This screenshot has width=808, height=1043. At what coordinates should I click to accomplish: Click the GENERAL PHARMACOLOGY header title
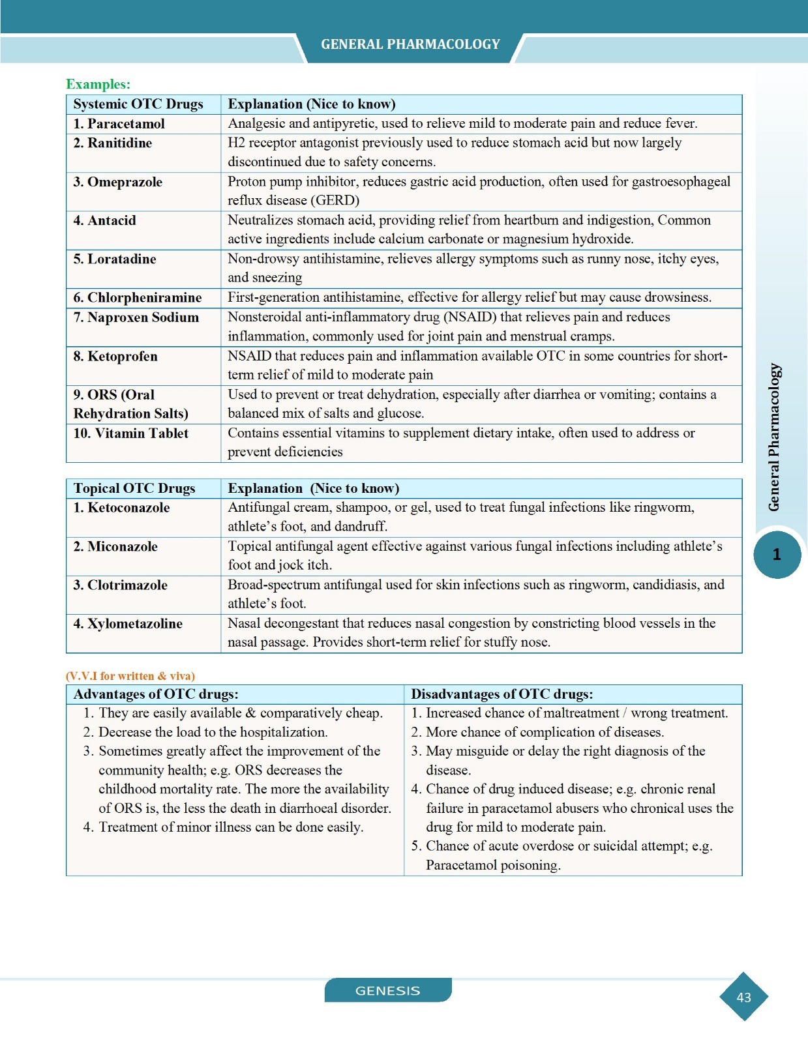(x=410, y=44)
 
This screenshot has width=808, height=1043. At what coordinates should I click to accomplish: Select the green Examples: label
(x=98, y=84)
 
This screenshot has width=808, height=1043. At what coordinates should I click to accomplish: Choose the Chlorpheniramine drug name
(x=137, y=298)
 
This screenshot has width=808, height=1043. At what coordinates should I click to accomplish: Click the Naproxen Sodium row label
(x=136, y=317)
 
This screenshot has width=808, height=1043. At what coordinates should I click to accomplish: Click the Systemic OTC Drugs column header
(x=138, y=104)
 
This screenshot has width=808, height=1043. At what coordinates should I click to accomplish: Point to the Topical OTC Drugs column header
(x=134, y=488)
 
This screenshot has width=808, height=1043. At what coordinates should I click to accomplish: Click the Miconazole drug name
(x=115, y=546)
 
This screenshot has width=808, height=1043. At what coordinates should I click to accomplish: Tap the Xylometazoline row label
(x=128, y=624)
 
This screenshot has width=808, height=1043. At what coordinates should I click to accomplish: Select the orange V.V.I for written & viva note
(x=130, y=676)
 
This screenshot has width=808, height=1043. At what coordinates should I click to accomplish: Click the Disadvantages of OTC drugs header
(x=501, y=694)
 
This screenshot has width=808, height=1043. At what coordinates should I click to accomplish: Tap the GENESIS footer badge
(x=388, y=990)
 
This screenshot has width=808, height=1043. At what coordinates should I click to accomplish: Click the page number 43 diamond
(x=743, y=997)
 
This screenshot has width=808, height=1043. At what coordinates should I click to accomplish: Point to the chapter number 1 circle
(x=777, y=555)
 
